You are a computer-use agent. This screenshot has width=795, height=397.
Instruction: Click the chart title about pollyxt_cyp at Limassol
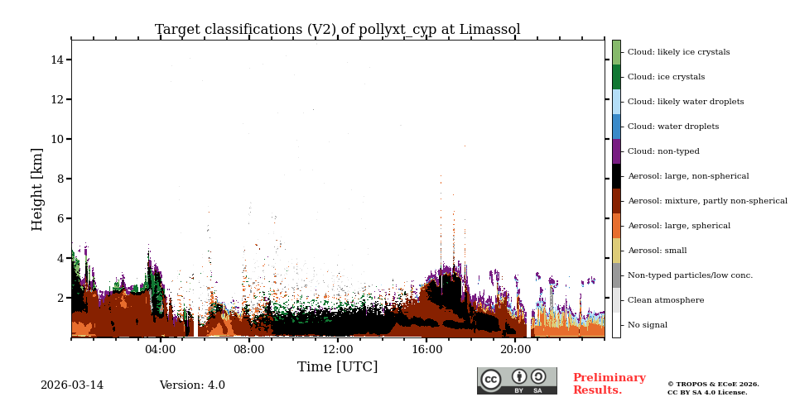[x=337, y=30]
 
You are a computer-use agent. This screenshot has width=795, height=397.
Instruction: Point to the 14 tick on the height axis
[x=58, y=60]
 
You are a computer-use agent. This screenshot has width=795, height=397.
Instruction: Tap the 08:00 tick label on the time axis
[x=248, y=350]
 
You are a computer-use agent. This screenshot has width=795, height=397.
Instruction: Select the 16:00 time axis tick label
[x=426, y=350]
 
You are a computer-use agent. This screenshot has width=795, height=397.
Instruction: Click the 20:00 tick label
[x=515, y=350]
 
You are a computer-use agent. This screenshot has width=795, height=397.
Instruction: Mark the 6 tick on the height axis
[x=61, y=218]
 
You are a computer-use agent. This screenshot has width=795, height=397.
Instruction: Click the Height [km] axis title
[x=37, y=189]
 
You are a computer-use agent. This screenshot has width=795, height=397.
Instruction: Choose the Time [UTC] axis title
[x=337, y=367]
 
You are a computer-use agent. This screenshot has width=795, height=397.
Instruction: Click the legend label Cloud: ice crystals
[x=666, y=77]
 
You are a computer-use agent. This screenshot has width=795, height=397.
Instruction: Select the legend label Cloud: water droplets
[x=672, y=127]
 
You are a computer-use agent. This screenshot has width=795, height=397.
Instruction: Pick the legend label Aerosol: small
[x=657, y=251]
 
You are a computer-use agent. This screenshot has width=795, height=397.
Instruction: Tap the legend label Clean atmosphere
[x=665, y=300]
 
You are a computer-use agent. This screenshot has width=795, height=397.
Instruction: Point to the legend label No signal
[x=648, y=325]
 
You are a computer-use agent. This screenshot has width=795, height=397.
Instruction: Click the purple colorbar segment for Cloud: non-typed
[x=616, y=151]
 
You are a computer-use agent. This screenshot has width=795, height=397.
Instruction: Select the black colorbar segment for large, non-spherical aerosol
[x=616, y=176]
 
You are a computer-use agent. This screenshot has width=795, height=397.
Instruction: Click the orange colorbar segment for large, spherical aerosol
[x=616, y=226]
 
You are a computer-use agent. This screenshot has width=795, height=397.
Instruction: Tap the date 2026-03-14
[x=72, y=385]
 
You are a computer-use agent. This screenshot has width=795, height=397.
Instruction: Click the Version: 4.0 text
[x=192, y=385]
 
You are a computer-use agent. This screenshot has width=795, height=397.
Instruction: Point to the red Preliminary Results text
[x=609, y=384]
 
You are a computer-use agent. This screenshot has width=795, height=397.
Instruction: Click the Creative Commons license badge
[x=517, y=380]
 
